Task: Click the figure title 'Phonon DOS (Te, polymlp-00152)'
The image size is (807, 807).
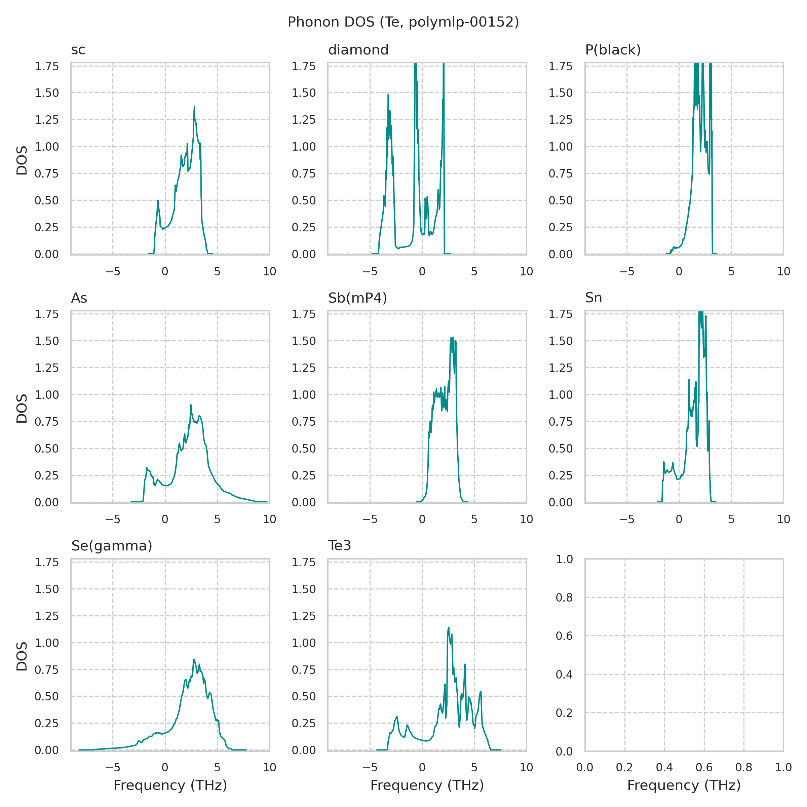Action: click(x=403, y=22)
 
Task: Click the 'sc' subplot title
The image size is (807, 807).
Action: click(x=78, y=50)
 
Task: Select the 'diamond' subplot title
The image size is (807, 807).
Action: click(x=358, y=50)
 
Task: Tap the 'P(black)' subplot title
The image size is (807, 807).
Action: click(x=613, y=50)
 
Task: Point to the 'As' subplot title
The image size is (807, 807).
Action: click(x=79, y=298)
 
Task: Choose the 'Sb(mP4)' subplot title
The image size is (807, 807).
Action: click(x=357, y=298)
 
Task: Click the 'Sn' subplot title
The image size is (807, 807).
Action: click(x=593, y=298)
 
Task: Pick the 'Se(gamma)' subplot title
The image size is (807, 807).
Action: click(x=112, y=546)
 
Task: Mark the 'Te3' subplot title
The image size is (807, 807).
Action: click(x=339, y=546)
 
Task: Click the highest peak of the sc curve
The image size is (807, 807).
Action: click(x=194, y=107)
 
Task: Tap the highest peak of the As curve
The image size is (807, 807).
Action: click(x=191, y=405)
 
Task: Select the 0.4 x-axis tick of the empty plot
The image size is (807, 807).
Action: click(x=664, y=767)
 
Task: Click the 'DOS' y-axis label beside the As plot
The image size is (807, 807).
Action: click(x=22, y=408)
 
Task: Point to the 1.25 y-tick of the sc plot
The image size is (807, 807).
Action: click(x=46, y=120)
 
